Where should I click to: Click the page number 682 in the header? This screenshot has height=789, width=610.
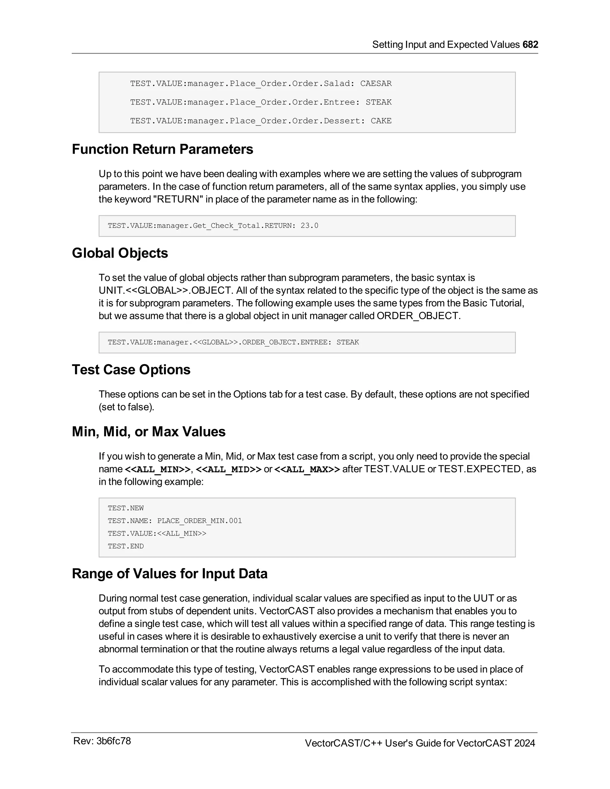click(x=530, y=44)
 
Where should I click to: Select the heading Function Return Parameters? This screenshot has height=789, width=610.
click(x=162, y=149)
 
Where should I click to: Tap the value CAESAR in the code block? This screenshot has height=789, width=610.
click(x=376, y=83)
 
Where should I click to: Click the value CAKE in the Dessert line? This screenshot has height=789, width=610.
click(x=381, y=121)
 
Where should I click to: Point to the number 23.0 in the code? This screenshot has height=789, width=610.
click(x=309, y=226)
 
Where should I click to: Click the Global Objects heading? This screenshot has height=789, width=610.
click(x=120, y=253)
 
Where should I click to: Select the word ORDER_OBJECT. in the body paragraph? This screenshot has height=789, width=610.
click(x=418, y=316)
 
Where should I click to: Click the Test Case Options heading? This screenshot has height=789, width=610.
click(x=131, y=369)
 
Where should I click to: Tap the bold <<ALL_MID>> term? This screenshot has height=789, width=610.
click(x=228, y=469)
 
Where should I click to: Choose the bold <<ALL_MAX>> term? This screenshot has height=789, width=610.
click(x=307, y=469)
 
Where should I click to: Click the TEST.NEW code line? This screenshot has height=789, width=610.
click(x=126, y=508)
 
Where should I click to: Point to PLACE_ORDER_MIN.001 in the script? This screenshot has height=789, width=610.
click(x=200, y=521)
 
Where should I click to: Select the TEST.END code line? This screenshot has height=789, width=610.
click(x=126, y=546)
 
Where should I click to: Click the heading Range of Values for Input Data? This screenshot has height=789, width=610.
click(x=169, y=574)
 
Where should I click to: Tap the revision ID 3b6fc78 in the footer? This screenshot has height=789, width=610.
click(x=113, y=741)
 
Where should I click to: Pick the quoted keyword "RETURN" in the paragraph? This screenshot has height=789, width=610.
click(x=178, y=199)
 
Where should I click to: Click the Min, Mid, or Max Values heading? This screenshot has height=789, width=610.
click(x=149, y=432)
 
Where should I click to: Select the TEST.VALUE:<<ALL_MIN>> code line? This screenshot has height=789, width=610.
click(x=157, y=534)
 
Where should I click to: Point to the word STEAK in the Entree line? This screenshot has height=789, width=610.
click(x=378, y=102)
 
